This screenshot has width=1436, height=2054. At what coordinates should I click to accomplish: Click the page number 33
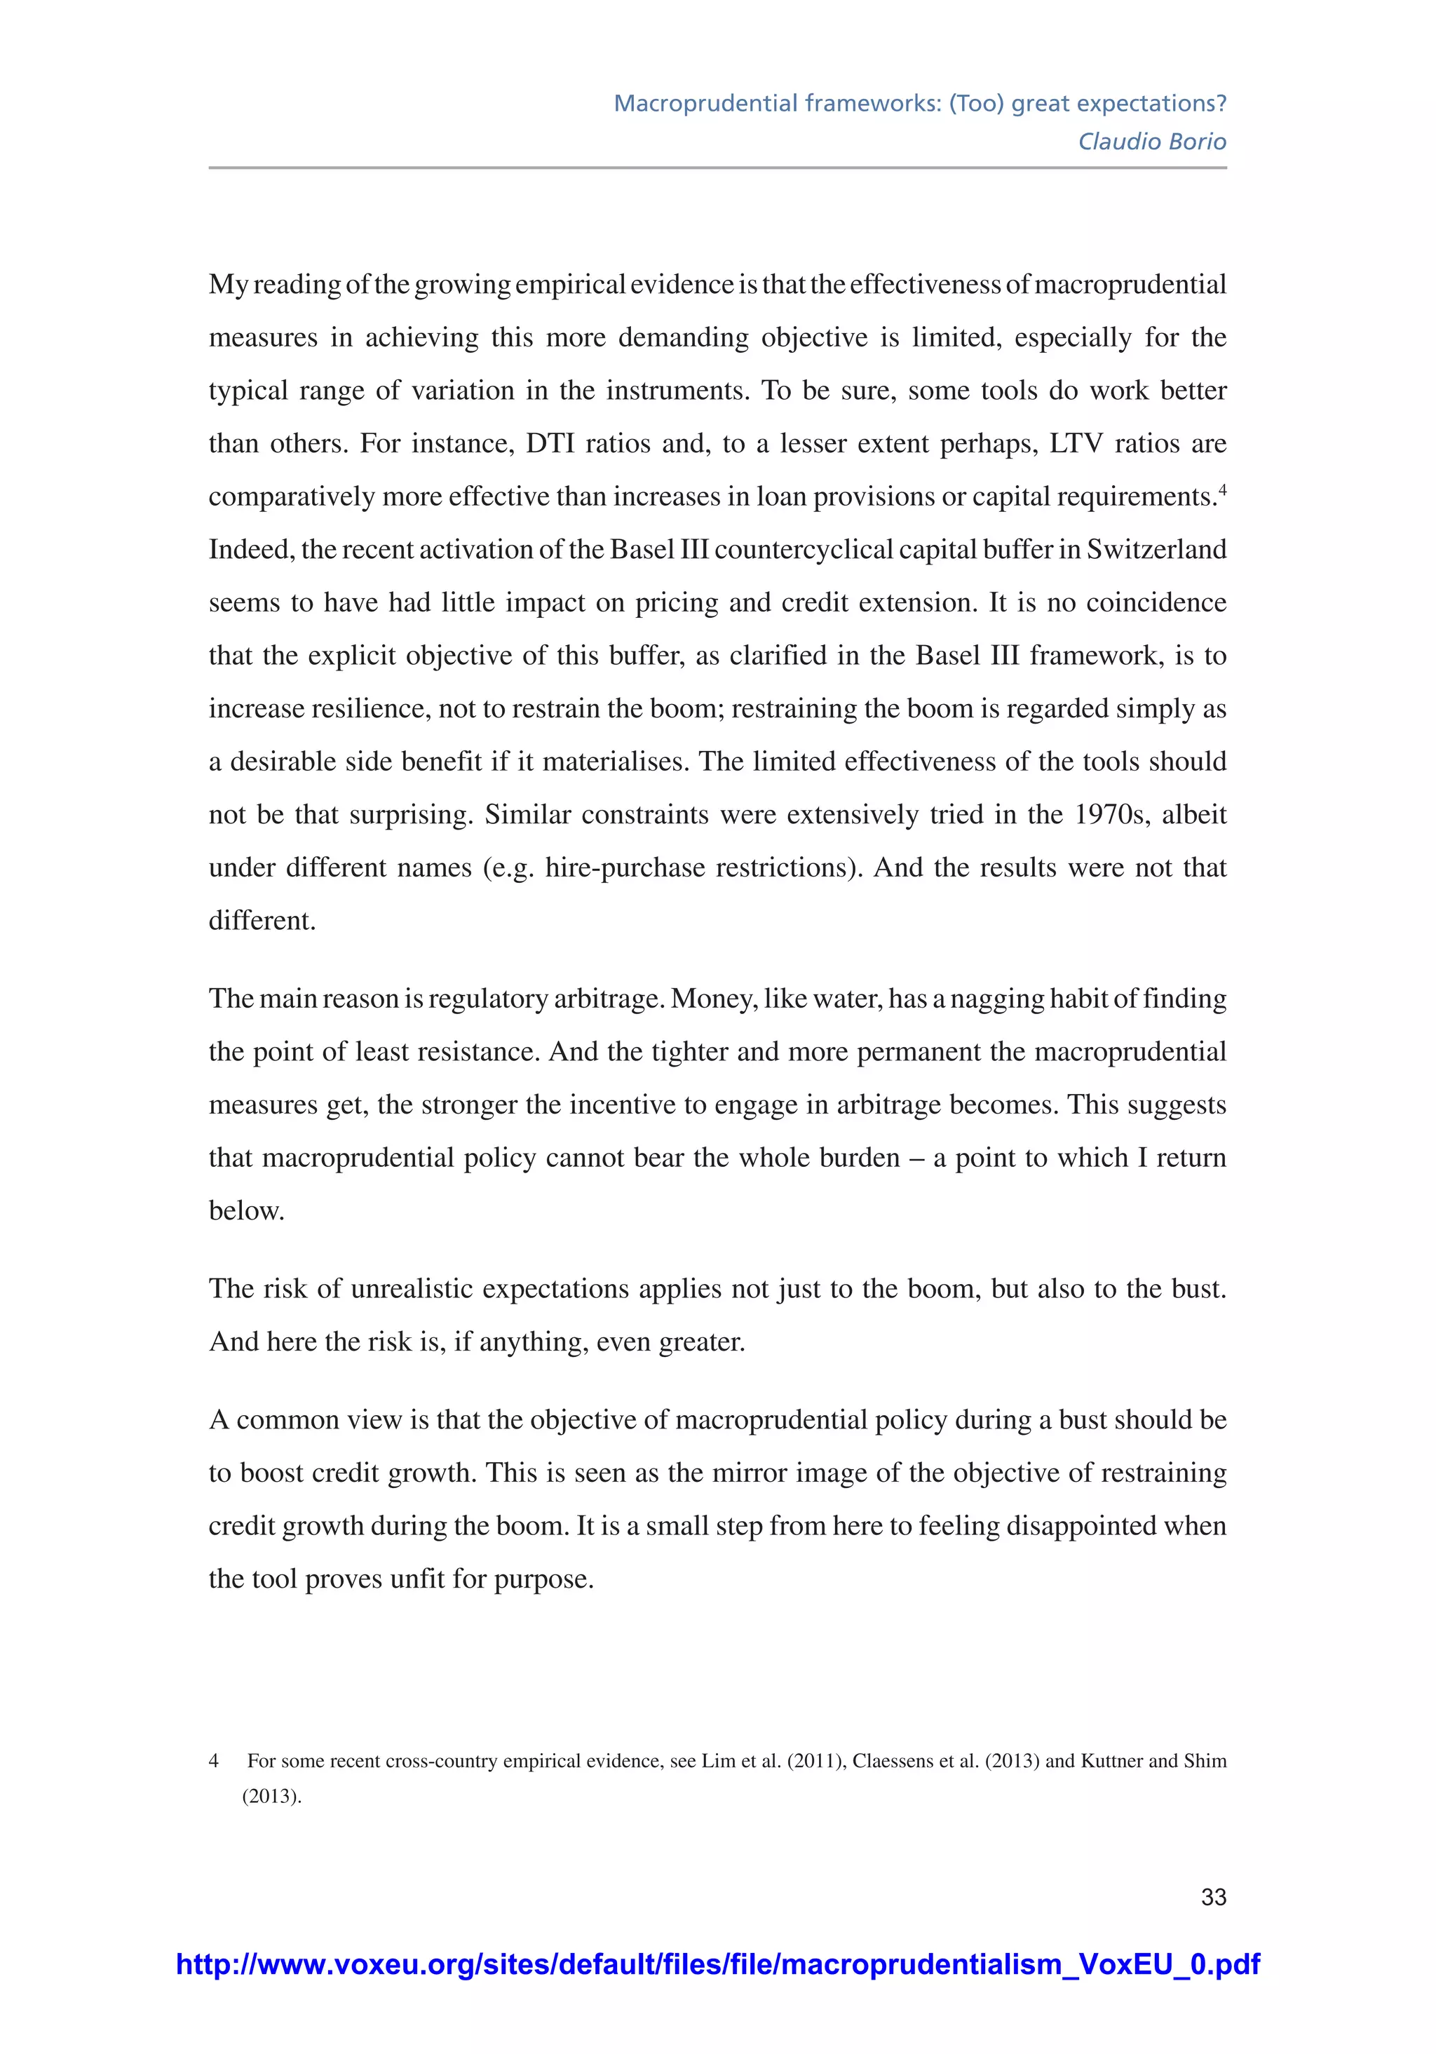(1213, 1896)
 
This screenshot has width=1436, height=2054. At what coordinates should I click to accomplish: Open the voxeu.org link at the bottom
(717, 1964)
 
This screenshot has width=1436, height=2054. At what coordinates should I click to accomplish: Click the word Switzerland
(1156, 549)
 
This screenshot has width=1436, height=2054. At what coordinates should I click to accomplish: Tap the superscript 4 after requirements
(1222, 489)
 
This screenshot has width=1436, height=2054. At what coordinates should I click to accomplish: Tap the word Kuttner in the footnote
(1111, 1761)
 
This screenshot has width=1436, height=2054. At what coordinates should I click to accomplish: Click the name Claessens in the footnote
(892, 1761)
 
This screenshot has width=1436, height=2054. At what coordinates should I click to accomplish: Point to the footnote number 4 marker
(214, 1761)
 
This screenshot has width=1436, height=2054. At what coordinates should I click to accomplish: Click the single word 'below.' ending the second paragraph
(246, 1211)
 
